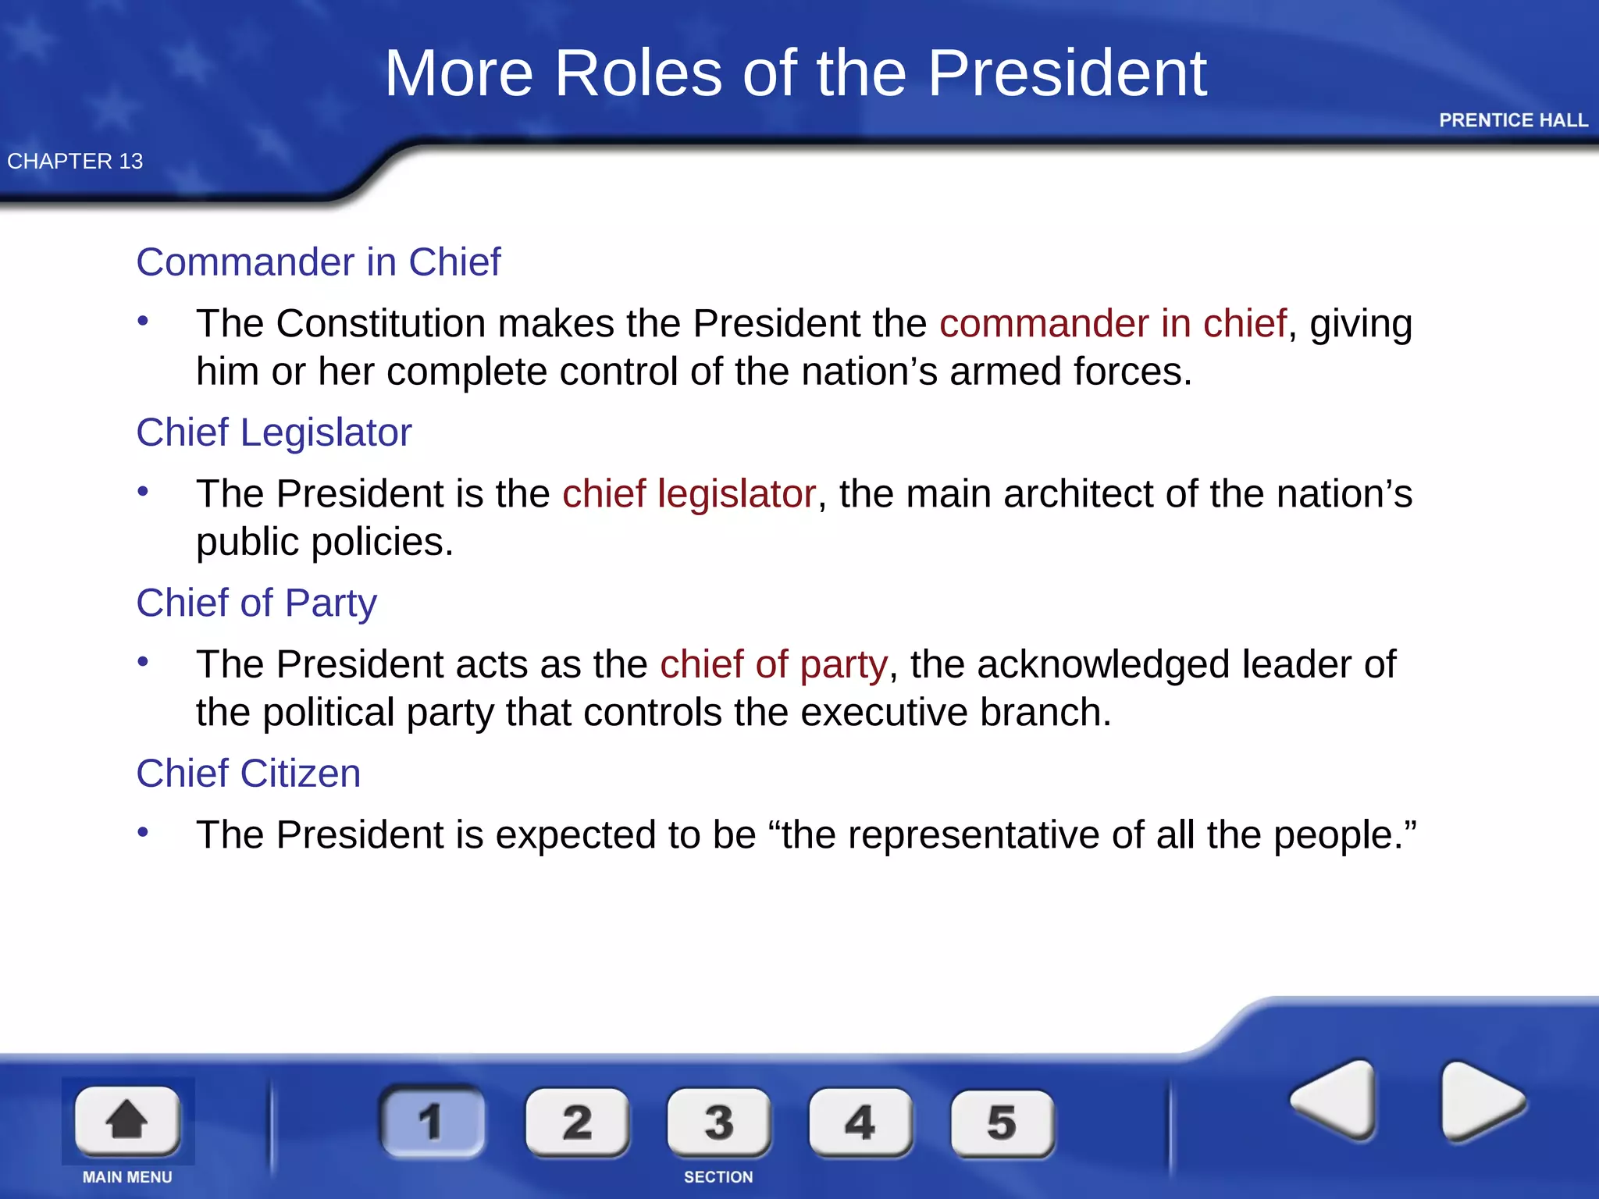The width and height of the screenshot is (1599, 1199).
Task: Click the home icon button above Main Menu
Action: pos(127,1120)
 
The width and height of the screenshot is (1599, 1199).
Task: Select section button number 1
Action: pos(432,1122)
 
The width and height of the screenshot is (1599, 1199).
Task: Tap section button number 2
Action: pos(577,1123)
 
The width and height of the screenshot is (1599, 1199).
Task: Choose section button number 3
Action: pos(719,1123)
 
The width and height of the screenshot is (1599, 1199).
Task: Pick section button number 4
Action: pos(860,1123)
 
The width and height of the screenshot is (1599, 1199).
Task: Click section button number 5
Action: pos(1002,1123)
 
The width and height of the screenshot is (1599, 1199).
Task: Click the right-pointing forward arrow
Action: pos(1480,1101)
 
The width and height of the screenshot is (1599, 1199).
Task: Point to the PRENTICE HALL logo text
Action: pos(1513,120)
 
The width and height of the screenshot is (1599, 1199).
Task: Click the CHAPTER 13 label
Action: pos(75,162)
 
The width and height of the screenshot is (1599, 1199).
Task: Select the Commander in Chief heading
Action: pos(318,262)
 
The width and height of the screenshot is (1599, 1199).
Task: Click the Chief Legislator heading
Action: pos(273,432)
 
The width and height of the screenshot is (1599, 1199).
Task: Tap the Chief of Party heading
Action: pos(256,603)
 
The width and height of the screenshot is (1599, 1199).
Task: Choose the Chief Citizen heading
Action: pos(248,774)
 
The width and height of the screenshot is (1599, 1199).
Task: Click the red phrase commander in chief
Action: pos(1113,324)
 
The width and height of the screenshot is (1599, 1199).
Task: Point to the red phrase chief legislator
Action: pos(689,494)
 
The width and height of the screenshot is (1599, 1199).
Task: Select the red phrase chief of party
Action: pos(773,665)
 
